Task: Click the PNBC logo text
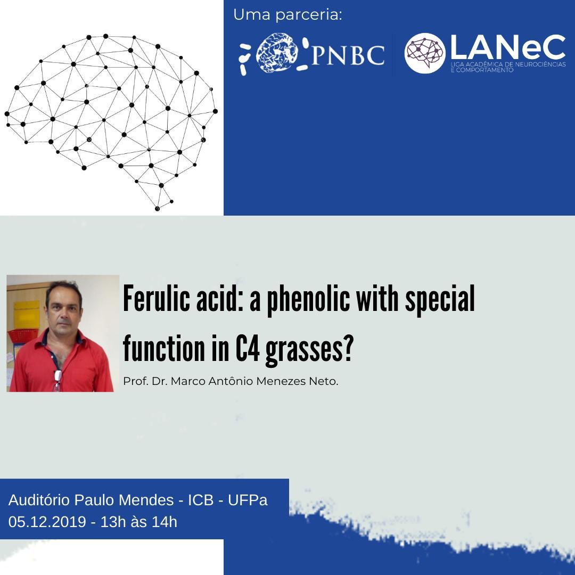(348, 55)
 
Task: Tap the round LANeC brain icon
(424, 53)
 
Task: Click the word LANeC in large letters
(508, 47)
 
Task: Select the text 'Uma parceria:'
(287, 15)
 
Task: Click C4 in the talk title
(248, 348)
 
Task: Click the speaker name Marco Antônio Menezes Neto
(254, 381)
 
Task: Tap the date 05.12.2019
(47, 522)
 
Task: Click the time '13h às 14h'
(138, 522)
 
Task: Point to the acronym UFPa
(248, 500)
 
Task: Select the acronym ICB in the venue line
(201, 500)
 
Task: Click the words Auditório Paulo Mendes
(91, 500)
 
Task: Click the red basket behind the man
(23, 335)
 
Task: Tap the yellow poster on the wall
(27, 315)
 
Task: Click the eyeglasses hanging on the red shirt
(57, 380)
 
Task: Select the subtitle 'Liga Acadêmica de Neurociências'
(508, 64)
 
